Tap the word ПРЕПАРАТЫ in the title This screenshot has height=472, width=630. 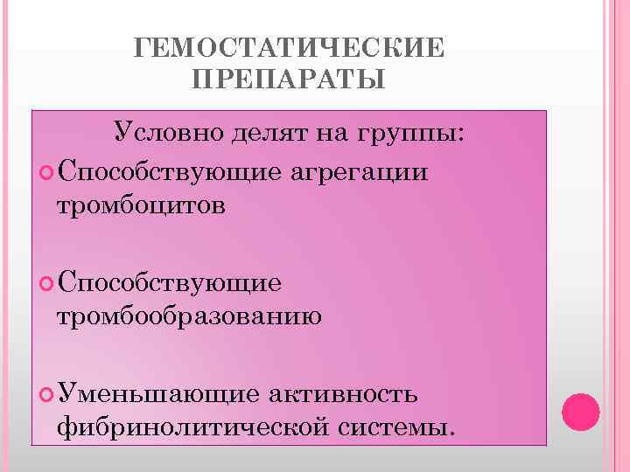pyautogui.click(x=288, y=80)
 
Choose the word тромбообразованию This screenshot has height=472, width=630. pyautogui.click(x=189, y=316)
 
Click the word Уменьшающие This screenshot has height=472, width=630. pyautogui.click(x=157, y=394)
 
